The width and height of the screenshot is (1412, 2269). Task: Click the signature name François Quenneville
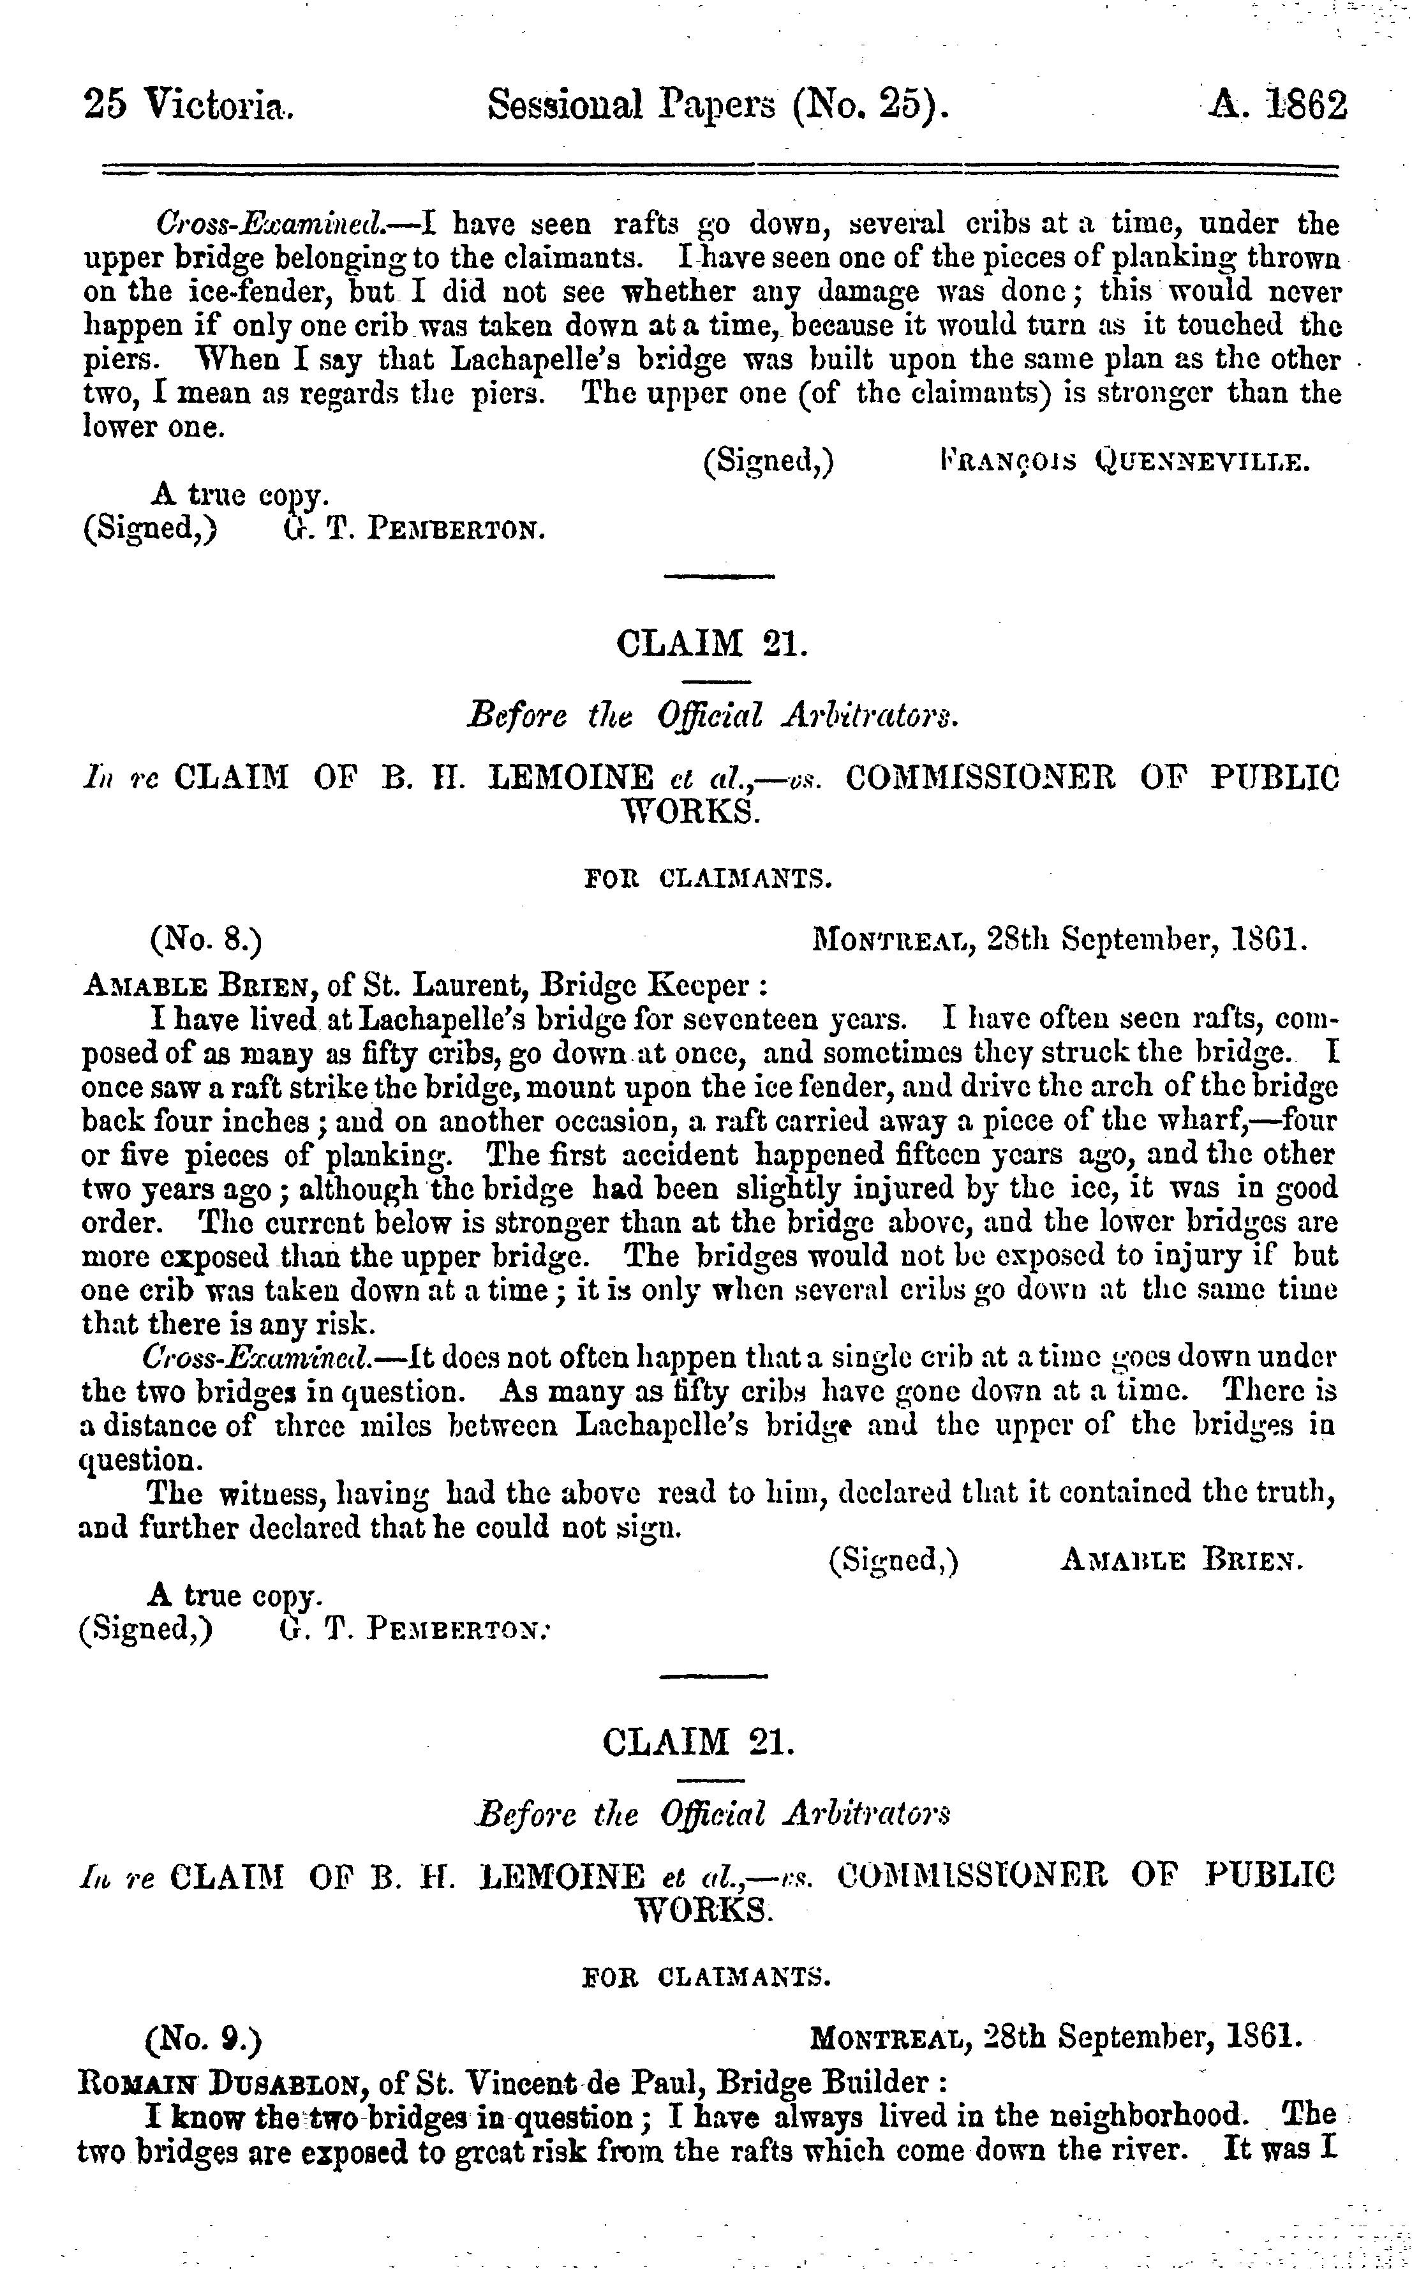1126,461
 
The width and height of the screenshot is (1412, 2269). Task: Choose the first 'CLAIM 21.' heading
711,645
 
